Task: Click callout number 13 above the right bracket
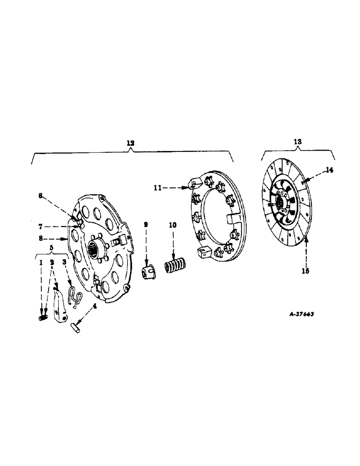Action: [297, 141]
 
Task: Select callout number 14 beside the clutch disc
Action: [329, 171]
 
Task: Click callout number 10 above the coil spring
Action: [173, 225]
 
